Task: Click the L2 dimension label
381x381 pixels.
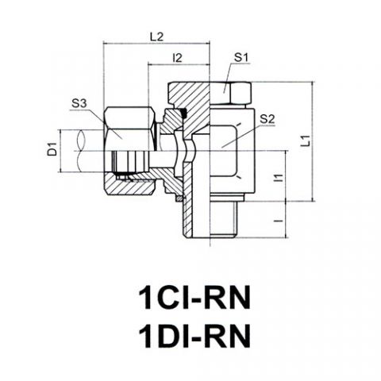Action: pos(156,37)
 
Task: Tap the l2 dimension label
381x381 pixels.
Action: pos(177,58)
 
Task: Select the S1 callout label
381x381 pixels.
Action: pos(241,57)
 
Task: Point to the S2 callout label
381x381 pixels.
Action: pos(267,119)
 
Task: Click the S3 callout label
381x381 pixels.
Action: pos(79,104)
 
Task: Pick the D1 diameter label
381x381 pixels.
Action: pos(52,148)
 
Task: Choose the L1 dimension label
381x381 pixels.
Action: pos(306,140)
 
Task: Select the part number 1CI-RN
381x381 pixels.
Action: pos(194,298)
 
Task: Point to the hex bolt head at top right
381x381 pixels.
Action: pos(230,93)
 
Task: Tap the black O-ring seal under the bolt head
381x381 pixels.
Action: pos(183,113)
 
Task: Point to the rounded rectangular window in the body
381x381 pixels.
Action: pos(225,151)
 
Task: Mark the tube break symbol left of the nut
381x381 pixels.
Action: pos(81,151)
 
